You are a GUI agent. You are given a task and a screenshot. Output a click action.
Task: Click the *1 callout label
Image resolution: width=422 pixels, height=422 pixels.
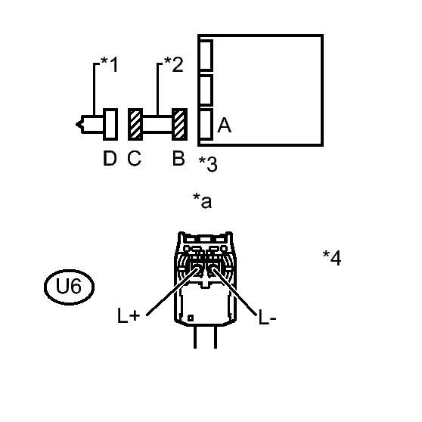tap(109, 64)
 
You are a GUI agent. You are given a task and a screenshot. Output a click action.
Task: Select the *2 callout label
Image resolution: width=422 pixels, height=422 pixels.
tap(174, 64)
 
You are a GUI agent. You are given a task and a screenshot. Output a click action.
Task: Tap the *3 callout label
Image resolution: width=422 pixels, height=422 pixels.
tap(208, 164)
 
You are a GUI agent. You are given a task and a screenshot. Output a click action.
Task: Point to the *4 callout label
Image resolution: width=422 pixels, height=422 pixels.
tap(332, 258)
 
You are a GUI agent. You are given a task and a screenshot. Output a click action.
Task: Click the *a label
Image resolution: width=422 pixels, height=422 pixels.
tap(203, 200)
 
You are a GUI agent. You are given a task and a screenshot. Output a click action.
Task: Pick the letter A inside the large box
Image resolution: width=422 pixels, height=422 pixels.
tap(224, 125)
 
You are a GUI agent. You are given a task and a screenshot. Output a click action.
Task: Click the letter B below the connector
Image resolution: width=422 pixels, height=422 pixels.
tap(178, 158)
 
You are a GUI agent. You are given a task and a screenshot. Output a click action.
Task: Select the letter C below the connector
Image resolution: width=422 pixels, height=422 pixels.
tap(135, 158)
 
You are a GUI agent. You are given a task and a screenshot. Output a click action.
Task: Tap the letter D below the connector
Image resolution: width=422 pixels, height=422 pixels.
tap(110, 158)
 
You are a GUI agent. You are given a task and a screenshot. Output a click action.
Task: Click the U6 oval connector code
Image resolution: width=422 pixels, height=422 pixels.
tap(69, 287)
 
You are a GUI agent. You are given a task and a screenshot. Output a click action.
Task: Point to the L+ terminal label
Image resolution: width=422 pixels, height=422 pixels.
tap(129, 315)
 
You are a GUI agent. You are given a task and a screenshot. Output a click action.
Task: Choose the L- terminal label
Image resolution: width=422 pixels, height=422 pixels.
tap(267, 317)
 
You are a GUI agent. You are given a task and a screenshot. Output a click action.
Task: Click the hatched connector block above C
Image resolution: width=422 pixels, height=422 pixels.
tap(135, 124)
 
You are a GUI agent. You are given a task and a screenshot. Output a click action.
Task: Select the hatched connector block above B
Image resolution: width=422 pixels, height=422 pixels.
tap(179, 124)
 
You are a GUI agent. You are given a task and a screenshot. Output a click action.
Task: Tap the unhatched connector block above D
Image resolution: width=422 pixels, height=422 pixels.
tap(110, 124)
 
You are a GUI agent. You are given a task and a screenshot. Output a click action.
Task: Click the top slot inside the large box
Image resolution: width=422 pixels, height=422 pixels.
tap(206, 55)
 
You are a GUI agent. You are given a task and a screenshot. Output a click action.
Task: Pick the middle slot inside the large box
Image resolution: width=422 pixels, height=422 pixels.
tap(206, 90)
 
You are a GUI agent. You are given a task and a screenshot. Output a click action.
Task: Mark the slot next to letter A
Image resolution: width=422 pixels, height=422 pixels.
tap(206, 124)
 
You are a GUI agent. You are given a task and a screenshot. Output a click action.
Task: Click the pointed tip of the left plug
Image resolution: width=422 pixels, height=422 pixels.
tap(76, 124)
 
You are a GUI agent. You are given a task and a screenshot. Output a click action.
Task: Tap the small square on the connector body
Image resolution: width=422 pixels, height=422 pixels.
tap(191, 318)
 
